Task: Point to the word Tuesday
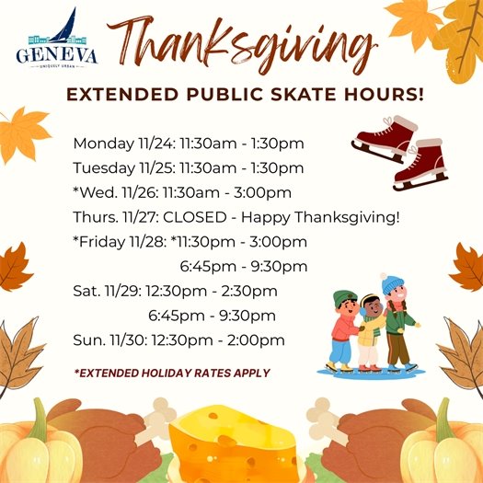click(101, 168)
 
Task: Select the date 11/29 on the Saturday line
click(125, 292)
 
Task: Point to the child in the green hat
click(344, 327)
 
